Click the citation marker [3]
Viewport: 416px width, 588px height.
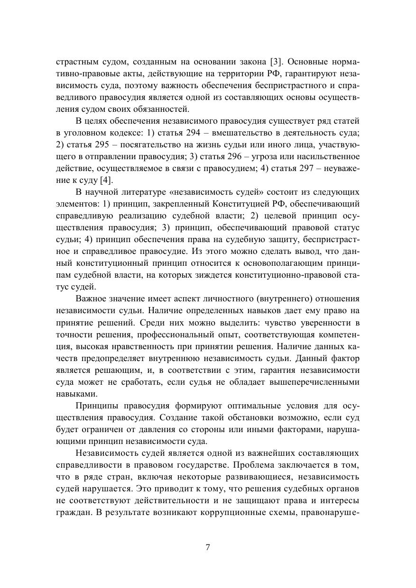pyautogui.click(x=277, y=62)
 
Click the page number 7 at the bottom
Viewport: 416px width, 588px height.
pyautogui.click(x=208, y=547)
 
